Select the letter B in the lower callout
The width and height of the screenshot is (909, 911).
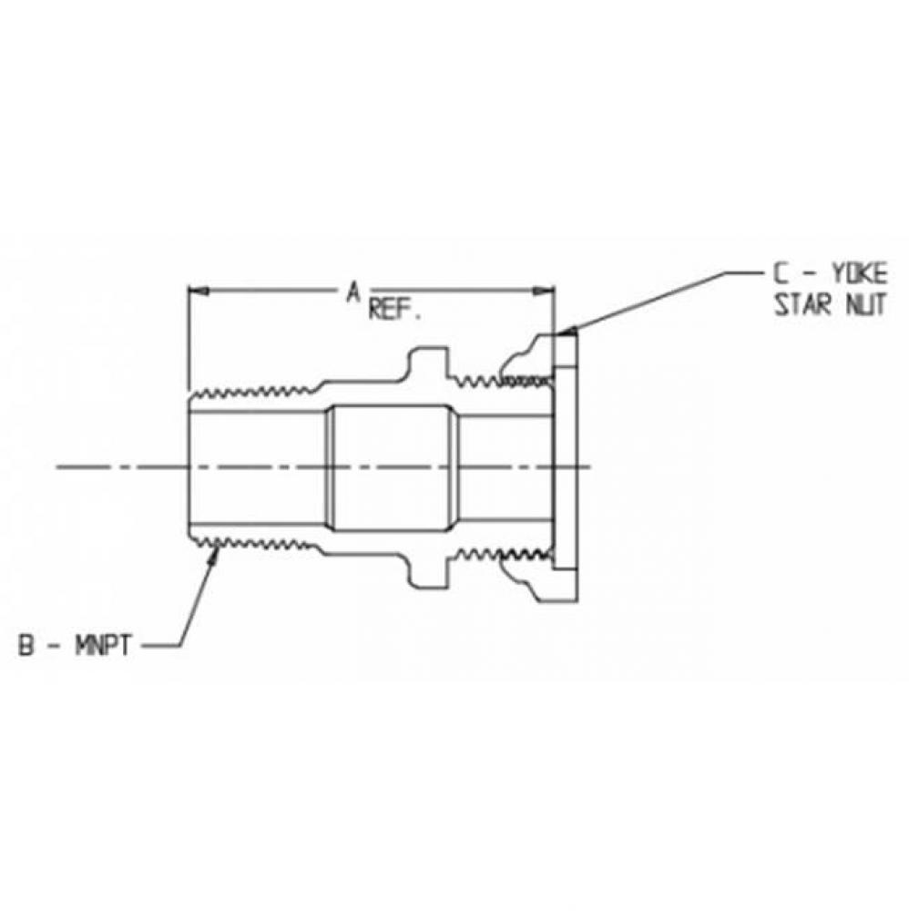tap(28, 647)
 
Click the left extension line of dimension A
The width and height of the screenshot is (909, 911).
tap(188, 337)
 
